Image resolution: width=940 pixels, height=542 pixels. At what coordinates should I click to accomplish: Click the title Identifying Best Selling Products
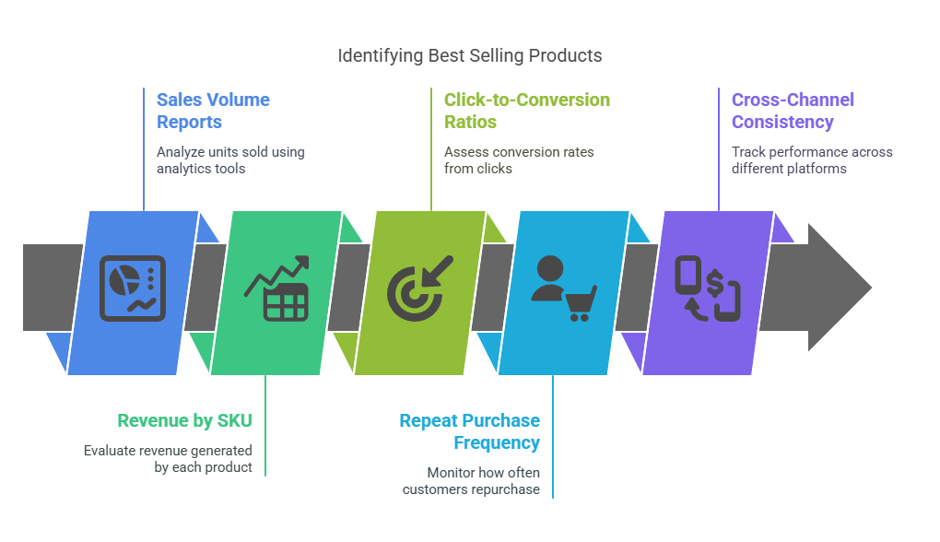pyautogui.click(x=469, y=55)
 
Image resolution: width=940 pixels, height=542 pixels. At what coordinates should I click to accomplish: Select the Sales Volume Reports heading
pyautogui.click(x=213, y=111)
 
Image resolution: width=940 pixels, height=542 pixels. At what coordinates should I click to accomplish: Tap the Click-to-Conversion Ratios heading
pyautogui.click(x=526, y=111)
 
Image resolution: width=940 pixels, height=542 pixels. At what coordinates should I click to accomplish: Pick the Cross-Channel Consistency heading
pyautogui.click(x=793, y=111)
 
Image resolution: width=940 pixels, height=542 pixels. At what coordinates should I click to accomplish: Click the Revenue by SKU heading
pyautogui.click(x=184, y=420)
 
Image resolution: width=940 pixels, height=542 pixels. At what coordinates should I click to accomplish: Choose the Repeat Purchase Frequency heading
pyautogui.click(x=470, y=431)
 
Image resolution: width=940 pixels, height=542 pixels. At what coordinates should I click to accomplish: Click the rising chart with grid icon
pyautogui.click(x=276, y=289)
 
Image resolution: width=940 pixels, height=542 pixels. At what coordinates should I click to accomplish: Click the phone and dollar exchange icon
pyautogui.click(x=707, y=289)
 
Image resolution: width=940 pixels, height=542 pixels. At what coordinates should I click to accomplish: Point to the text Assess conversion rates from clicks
pyautogui.click(x=519, y=159)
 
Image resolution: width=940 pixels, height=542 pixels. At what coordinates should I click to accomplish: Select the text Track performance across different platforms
pyautogui.click(x=811, y=159)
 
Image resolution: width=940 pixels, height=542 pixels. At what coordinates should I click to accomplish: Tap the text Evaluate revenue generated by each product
pyautogui.click(x=168, y=458)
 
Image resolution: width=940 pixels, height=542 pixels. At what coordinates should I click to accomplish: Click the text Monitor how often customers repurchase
pyautogui.click(x=471, y=480)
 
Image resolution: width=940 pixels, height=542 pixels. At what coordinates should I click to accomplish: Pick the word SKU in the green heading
pyautogui.click(x=234, y=420)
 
